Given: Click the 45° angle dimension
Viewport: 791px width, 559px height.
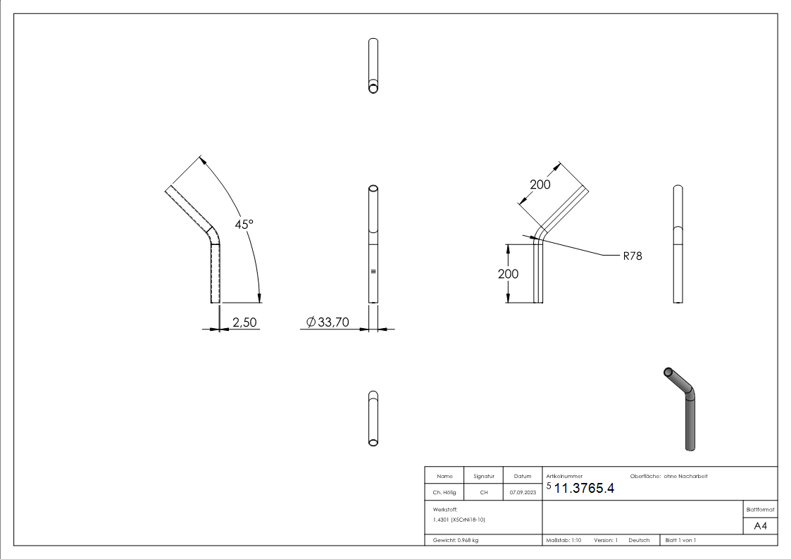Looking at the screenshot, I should click(244, 224).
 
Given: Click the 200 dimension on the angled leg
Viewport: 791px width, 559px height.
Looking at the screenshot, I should click(540, 184).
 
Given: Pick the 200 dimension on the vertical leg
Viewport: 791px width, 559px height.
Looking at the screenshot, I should click(508, 274).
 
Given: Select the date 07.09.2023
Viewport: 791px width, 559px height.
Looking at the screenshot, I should click(522, 492).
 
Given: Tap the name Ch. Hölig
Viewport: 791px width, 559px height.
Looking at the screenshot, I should click(444, 492).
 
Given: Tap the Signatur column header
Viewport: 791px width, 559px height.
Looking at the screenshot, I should click(483, 477).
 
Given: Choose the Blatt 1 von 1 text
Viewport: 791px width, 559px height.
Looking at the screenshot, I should click(680, 540).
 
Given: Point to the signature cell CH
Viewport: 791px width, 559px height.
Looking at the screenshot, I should click(483, 492).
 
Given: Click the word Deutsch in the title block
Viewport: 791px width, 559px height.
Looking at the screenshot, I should click(639, 540).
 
